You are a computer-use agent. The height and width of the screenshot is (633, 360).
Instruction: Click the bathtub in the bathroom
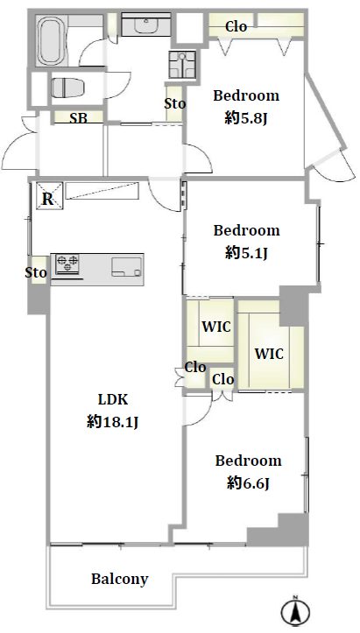[52, 41]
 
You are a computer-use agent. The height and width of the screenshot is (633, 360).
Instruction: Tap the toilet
[67, 88]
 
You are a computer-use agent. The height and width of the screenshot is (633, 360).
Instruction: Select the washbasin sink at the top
[146, 25]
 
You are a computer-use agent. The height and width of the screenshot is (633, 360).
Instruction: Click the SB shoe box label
[79, 118]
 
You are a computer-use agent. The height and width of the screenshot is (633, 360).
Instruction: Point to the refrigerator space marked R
[49, 196]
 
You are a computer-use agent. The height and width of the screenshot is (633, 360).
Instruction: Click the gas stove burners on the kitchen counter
[67, 264]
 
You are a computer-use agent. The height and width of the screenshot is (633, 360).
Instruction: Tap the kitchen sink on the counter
[127, 267]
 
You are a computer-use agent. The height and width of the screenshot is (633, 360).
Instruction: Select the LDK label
[113, 399]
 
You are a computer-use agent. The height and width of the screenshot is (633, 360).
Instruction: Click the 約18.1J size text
[113, 422]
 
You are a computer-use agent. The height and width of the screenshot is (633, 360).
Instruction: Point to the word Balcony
[120, 579]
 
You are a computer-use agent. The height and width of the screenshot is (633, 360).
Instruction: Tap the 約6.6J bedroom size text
[248, 482]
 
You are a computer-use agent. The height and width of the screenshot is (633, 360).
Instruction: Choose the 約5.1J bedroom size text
[246, 253]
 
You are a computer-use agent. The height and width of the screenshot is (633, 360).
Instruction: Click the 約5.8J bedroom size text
[246, 119]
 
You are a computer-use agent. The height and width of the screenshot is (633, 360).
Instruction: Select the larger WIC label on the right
[269, 354]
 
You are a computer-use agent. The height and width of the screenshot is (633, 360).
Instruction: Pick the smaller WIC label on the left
[216, 327]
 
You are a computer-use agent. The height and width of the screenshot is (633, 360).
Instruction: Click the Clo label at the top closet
[236, 26]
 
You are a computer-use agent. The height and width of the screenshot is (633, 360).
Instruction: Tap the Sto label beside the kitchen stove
[37, 273]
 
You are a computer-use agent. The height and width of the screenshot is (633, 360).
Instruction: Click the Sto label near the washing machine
[175, 104]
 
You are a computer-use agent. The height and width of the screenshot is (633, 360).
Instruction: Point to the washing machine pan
[182, 65]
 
